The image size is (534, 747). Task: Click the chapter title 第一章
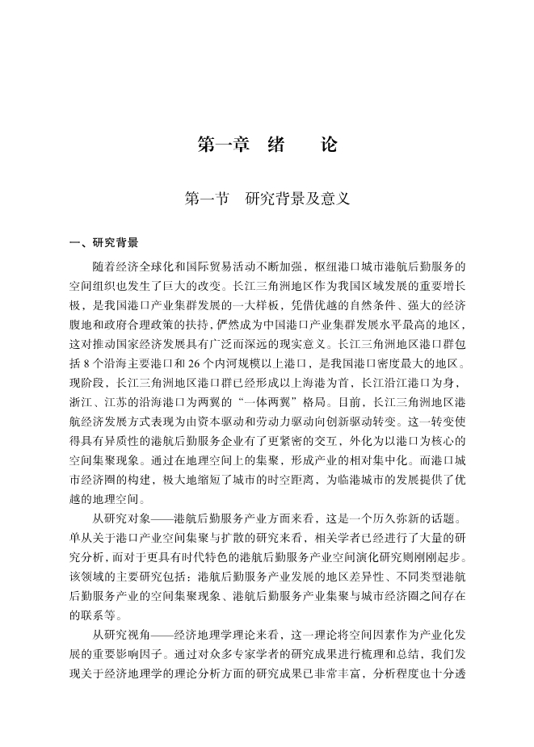point(222,145)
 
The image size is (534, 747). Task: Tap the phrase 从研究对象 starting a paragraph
point(120,518)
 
